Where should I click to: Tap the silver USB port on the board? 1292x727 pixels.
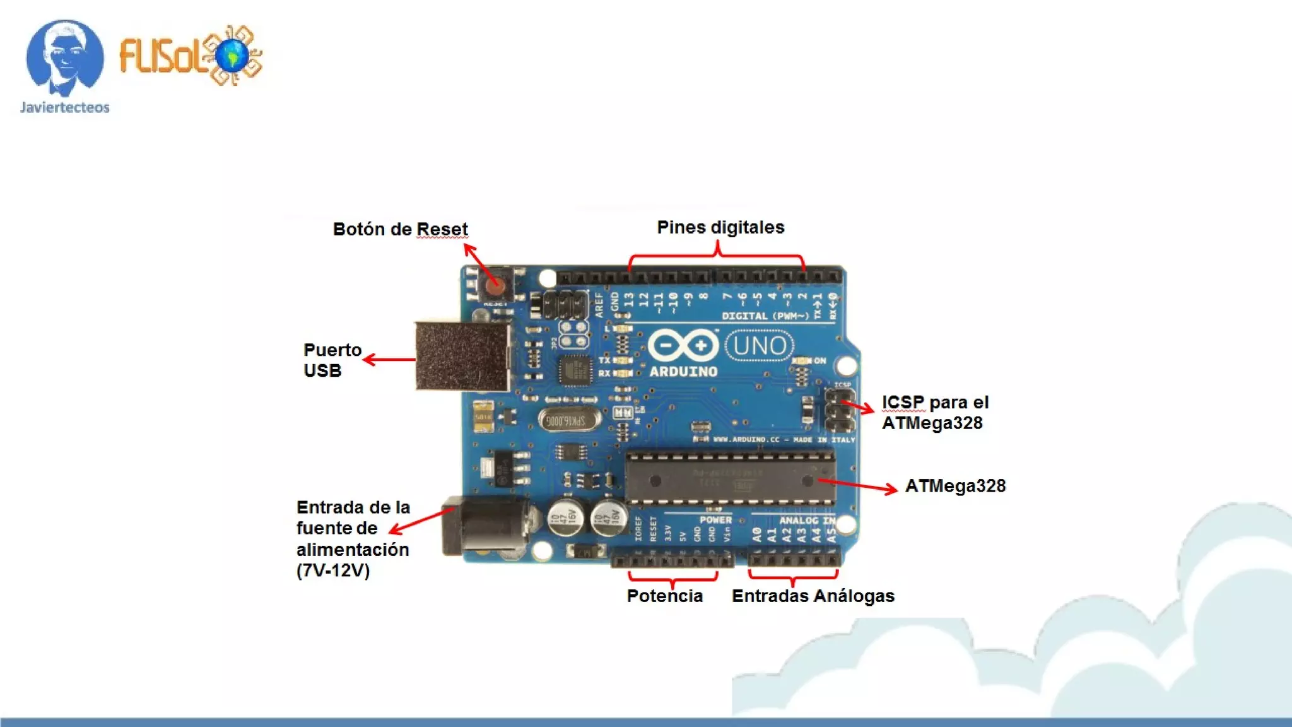click(462, 357)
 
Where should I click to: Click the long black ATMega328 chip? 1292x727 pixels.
click(730, 480)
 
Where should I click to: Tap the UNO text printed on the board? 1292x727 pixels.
click(760, 346)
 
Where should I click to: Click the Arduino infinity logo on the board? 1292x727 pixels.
click(683, 346)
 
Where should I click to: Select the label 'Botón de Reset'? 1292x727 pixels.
click(400, 229)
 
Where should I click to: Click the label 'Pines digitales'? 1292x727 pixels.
click(720, 227)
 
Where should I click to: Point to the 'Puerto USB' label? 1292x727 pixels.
click(332, 360)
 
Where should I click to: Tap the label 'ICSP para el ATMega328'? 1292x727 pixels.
click(934, 413)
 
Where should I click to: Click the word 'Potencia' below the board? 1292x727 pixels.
click(664, 596)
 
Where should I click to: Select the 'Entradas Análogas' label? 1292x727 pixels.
click(813, 596)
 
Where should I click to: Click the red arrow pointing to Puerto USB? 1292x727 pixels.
click(389, 360)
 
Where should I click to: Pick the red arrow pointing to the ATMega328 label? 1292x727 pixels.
click(858, 485)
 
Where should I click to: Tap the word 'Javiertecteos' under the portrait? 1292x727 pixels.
click(64, 107)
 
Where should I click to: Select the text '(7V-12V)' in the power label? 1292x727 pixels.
click(332, 570)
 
